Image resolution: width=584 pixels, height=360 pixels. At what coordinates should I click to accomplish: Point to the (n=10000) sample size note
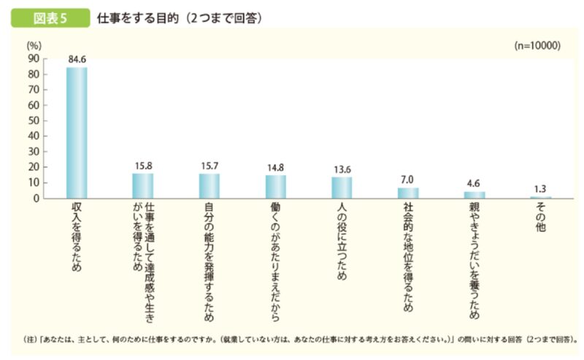537,45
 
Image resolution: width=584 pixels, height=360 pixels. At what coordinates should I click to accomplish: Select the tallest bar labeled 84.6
77,132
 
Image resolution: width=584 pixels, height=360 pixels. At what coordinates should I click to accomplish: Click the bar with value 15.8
143,185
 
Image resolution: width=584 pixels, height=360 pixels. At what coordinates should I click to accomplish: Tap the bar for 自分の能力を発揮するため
210,185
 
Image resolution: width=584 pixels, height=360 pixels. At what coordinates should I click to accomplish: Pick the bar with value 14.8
276,186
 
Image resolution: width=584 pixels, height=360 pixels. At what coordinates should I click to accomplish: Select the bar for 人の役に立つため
342,188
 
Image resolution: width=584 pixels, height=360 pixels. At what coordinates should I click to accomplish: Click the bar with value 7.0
408,193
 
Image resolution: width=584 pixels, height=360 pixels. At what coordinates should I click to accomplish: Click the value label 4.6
474,185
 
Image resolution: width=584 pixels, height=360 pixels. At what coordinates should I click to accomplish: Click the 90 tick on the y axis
34,59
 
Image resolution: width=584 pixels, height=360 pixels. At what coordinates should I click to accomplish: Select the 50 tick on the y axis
34,120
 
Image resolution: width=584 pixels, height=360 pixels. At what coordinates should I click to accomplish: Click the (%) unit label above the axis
34,46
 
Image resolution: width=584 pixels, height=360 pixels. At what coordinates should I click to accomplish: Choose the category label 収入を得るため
77,237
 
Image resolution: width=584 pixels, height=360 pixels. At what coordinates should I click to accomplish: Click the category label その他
541,219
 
